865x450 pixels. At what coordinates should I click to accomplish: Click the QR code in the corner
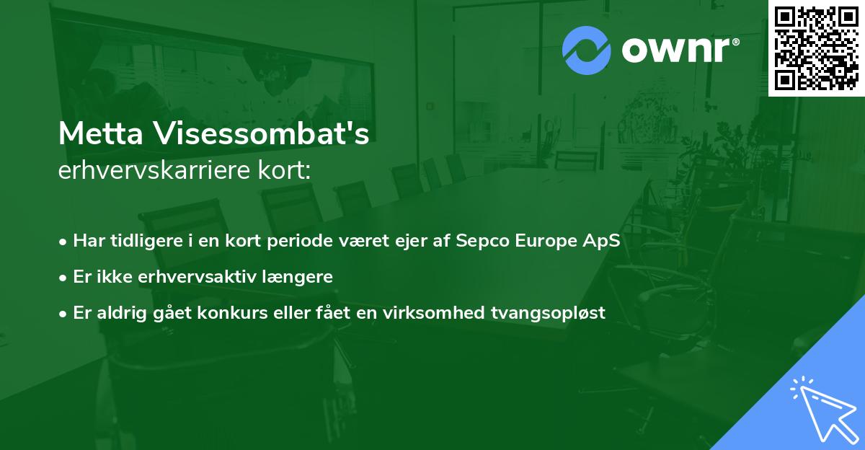[817, 48]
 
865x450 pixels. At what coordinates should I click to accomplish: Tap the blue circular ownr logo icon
[586, 50]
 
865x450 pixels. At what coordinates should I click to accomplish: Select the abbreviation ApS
[601, 241]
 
